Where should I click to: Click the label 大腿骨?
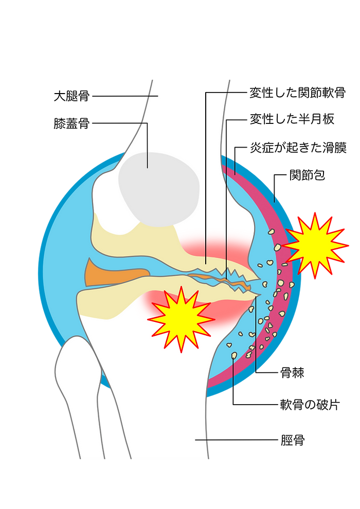click(71, 96)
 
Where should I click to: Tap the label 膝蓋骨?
click(71, 123)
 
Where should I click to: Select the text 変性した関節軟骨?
click(297, 93)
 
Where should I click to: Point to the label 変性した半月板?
click(292, 119)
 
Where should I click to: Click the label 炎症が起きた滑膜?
click(298, 148)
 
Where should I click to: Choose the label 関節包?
click(307, 175)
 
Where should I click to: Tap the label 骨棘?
click(292, 373)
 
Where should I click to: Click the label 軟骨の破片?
click(310, 405)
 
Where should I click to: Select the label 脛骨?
click(292, 440)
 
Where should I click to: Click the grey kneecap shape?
click(159, 189)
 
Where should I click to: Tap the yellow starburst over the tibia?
click(181, 319)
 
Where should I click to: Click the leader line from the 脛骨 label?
click(237, 440)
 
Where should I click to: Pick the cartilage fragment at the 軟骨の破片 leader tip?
click(234, 355)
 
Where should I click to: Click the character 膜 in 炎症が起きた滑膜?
click(340, 148)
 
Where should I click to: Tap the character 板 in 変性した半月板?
click(328, 119)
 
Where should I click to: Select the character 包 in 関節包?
click(319, 175)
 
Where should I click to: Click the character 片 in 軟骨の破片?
click(334, 405)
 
